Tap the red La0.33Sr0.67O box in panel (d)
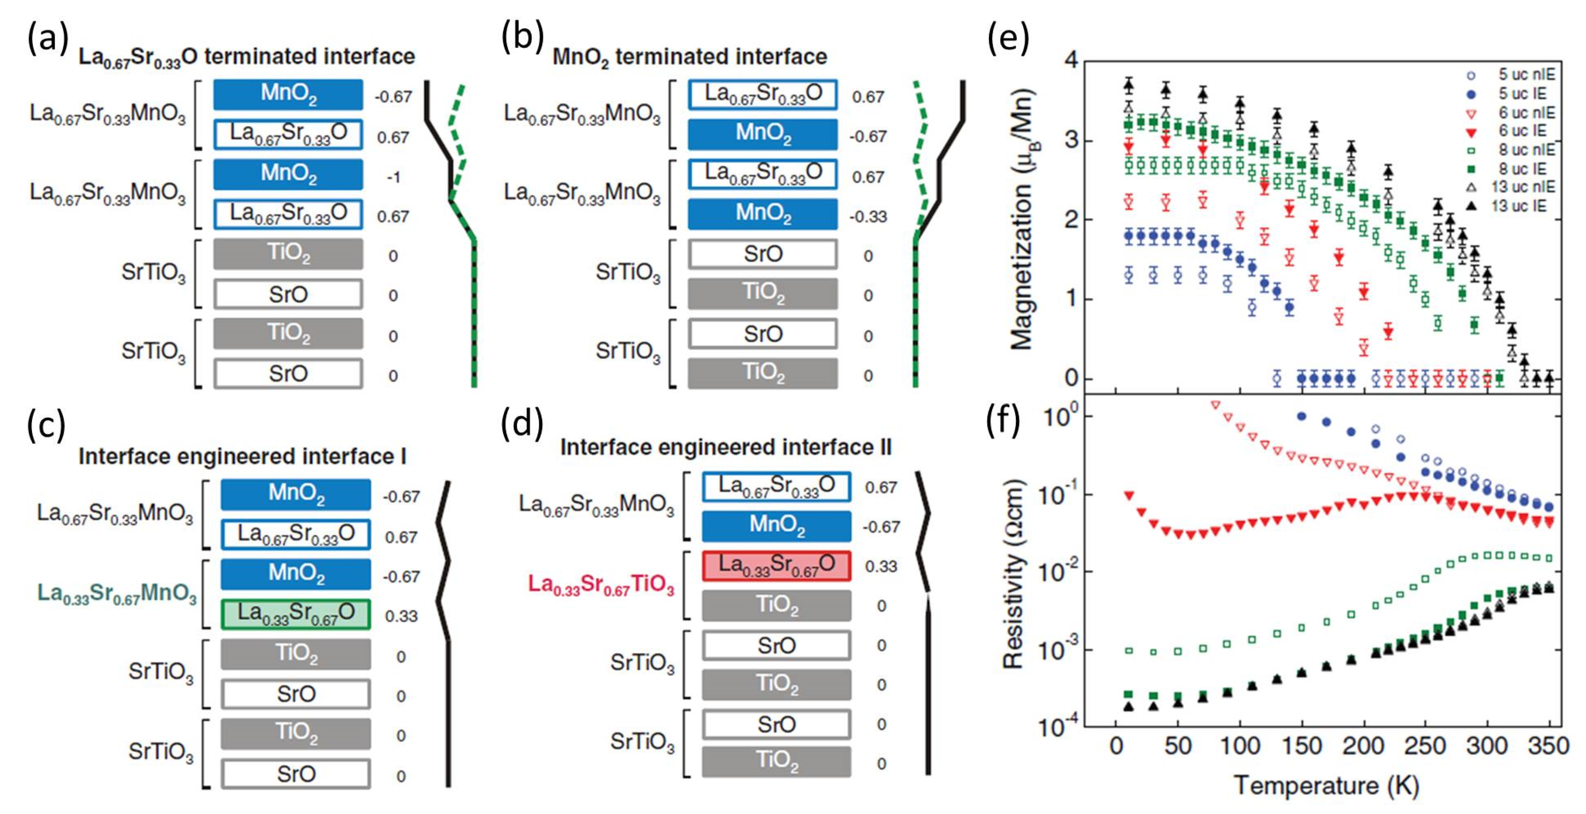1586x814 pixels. click(x=777, y=565)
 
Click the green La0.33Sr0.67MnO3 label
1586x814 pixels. click(x=117, y=593)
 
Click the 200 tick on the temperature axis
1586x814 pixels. click(x=1363, y=746)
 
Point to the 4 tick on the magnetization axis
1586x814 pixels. click(x=1071, y=60)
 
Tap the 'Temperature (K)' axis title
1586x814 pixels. click(x=1326, y=786)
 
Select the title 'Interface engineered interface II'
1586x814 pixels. click(x=725, y=447)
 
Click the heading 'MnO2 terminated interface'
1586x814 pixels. click(x=689, y=57)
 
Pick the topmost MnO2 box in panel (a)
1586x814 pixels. click(x=288, y=94)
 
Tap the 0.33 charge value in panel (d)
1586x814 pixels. click(x=881, y=566)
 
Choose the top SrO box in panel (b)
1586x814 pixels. click(x=762, y=254)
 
